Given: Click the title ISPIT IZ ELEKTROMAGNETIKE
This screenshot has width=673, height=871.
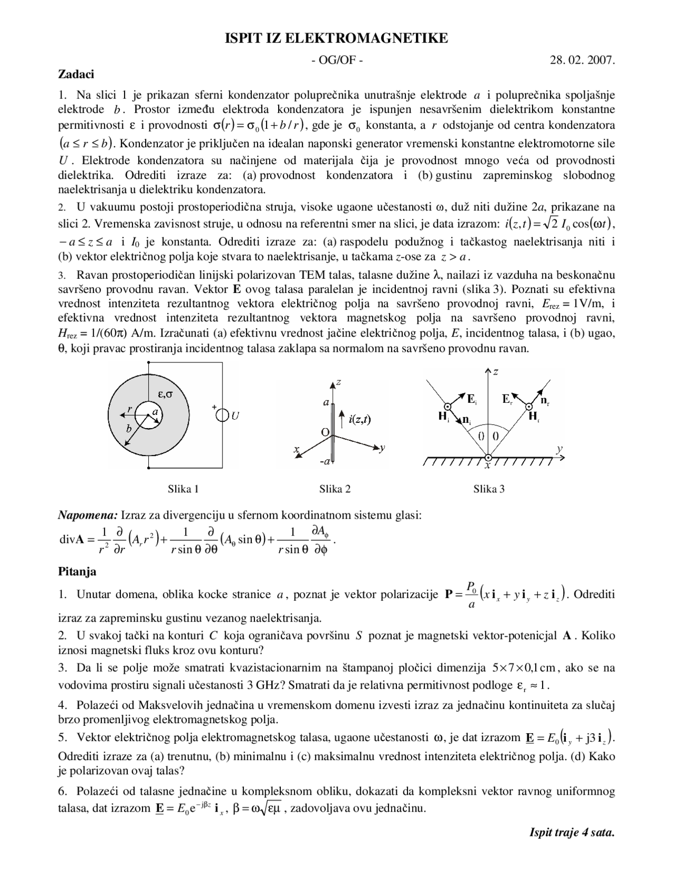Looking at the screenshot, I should [x=336, y=38].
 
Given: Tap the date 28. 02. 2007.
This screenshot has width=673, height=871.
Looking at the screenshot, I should [x=582, y=60].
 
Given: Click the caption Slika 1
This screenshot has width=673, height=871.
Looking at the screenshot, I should [x=183, y=489].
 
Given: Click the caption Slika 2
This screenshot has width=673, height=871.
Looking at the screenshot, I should [x=335, y=489].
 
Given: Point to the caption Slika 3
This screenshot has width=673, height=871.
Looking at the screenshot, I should [x=488, y=489].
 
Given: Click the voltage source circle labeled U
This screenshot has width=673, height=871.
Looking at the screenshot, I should [x=223, y=416].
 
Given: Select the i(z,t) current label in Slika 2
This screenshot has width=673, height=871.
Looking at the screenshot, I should [x=360, y=419].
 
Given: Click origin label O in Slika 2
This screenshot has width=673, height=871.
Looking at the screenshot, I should [x=325, y=432].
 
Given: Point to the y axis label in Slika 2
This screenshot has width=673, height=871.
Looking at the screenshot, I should [x=383, y=447].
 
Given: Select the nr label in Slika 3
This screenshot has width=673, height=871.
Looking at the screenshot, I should [x=545, y=401].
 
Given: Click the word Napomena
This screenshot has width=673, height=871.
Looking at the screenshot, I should [x=87, y=515].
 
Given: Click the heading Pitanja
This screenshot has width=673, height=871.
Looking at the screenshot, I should [x=77, y=571].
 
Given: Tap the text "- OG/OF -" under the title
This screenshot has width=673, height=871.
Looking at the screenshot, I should [x=336, y=60].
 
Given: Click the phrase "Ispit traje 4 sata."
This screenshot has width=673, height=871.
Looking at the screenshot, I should [x=572, y=833].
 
